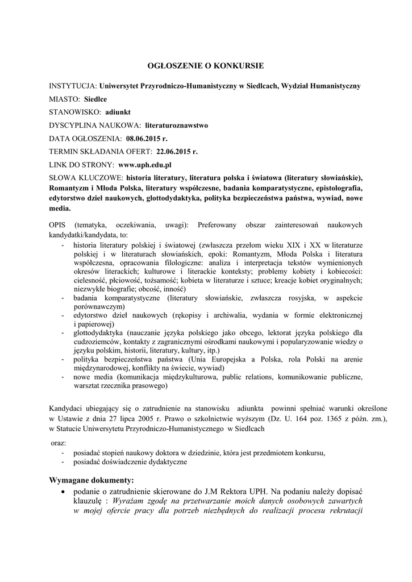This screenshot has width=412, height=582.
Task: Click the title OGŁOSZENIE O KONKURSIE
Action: [x=206, y=66]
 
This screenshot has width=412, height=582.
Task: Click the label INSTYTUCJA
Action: [x=73, y=86]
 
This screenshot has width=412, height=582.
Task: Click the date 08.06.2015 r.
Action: [x=146, y=138]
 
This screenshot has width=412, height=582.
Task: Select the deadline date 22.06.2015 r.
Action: [x=177, y=152]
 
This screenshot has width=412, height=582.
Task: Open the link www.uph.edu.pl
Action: [x=145, y=165]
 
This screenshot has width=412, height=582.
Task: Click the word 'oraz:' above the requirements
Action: [x=57, y=443]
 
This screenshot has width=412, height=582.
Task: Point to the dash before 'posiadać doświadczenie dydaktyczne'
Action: [x=62, y=463]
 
